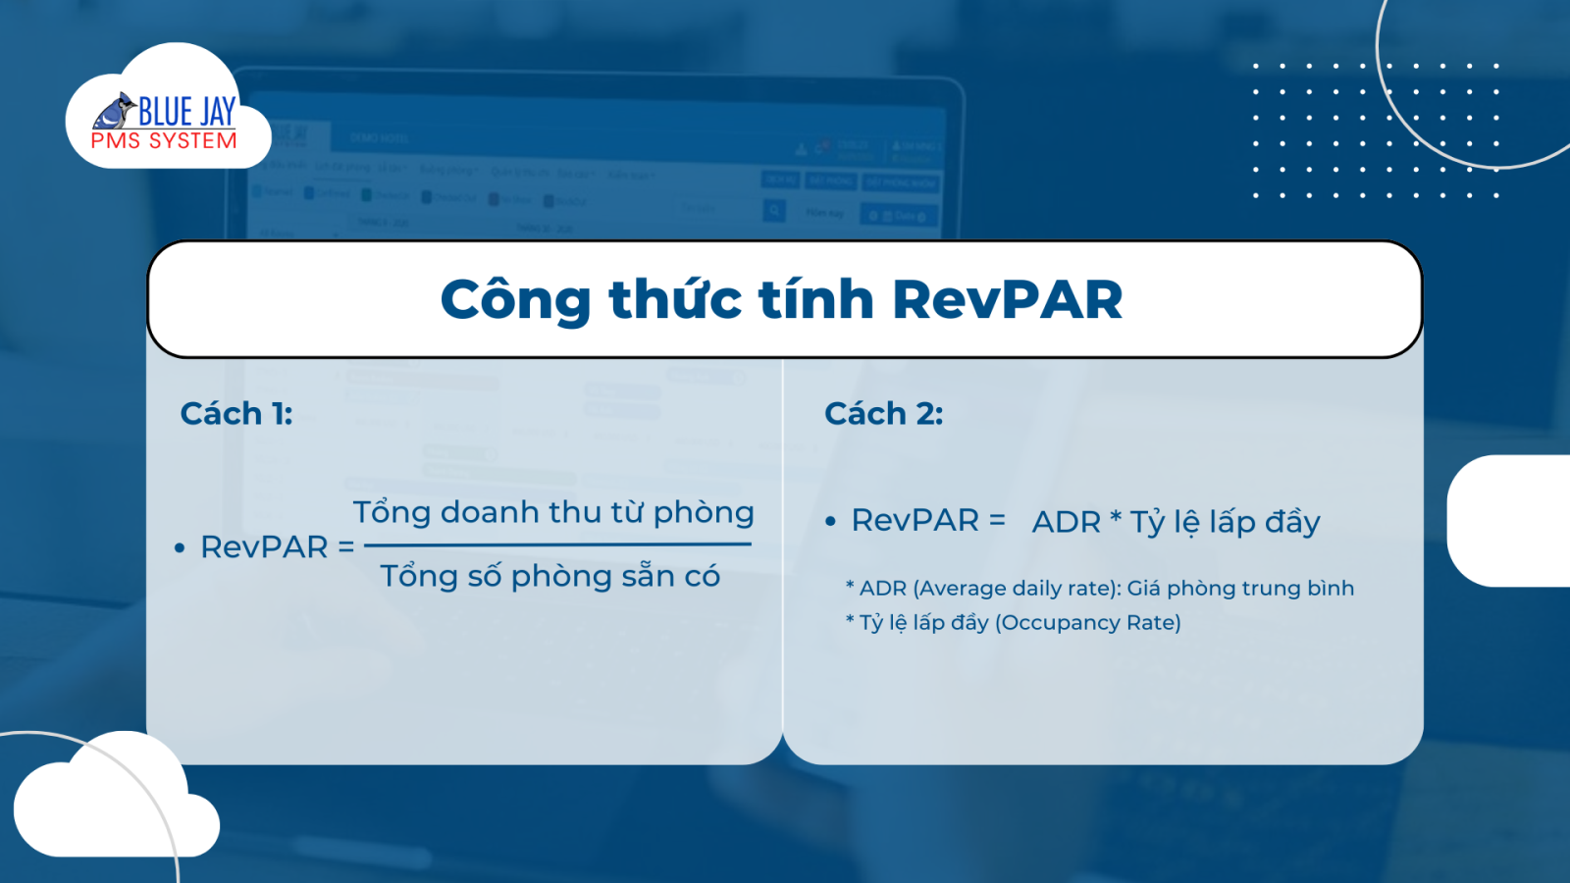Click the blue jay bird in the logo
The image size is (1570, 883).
coord(115,111)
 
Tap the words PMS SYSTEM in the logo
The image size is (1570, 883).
coord(164,141)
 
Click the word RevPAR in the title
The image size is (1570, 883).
coord(1007,300)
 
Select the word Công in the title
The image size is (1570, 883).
coord(515,300)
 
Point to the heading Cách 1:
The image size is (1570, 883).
coord(236,413)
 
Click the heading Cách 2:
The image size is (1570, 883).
coord(884,413)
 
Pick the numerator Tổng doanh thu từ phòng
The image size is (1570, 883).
coord(553,512)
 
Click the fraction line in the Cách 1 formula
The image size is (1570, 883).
coord(558,544)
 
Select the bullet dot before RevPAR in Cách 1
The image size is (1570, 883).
coord(180,548)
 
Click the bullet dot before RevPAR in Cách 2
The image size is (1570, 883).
coord(830,521)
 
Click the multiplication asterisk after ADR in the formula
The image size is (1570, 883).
coord(1116,517)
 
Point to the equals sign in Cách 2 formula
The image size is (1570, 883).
coord(997,520)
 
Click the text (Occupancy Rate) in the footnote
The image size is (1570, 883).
coord(1088,622)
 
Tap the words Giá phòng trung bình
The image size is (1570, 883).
coord(1240,588)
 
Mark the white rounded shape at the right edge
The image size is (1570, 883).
coord(1508,521)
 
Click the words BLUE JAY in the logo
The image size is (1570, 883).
coord(187,112)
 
